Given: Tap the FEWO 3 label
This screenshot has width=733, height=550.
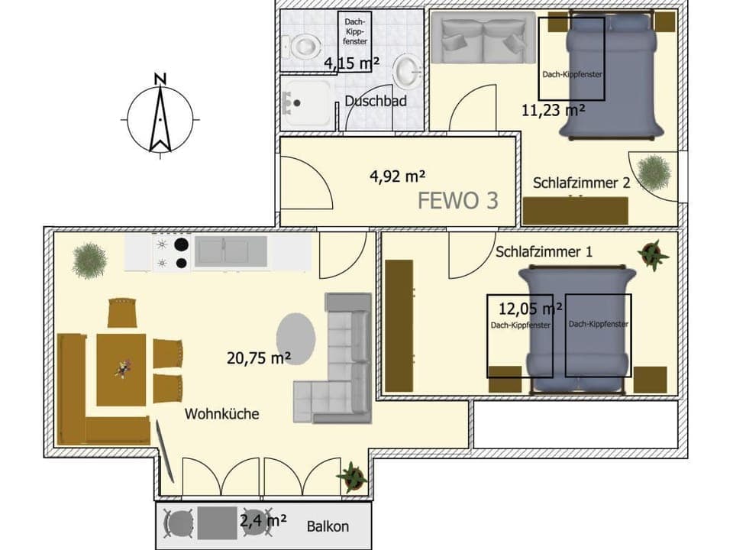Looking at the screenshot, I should tap(458, 200).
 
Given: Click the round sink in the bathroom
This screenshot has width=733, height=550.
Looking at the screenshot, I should tap(405, 73).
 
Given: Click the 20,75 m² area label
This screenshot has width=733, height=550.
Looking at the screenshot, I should tap(259, 357).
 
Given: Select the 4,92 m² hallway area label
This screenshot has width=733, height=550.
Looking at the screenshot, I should tap(397, 176).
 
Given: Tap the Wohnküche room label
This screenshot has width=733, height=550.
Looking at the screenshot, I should tap(222, 413).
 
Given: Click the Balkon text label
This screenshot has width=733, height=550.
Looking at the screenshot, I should tap(328, 526).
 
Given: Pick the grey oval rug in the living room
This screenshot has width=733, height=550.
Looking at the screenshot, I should tap(295, 339).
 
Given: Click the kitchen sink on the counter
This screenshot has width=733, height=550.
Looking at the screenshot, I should tap(230, 252).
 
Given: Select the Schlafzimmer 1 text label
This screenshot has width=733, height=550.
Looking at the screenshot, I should tap(544, 251).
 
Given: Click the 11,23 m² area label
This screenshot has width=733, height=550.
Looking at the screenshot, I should tap(553, 109).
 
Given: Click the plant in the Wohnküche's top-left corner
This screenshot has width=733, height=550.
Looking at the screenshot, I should tap(89, 260).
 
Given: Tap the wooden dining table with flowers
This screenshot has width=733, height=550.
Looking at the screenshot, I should tap(121, 370).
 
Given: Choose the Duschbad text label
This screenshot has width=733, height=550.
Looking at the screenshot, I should tap(376, 101).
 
